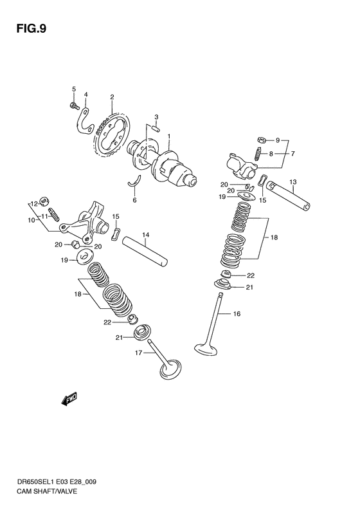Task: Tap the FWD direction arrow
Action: tap(69, 399)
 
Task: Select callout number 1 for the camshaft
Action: tap(169, 136)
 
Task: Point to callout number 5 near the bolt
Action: tap(73, 89)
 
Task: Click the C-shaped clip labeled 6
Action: tap(136, 183)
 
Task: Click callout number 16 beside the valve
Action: tap(237, 313)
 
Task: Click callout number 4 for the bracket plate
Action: tap(86, 95)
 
